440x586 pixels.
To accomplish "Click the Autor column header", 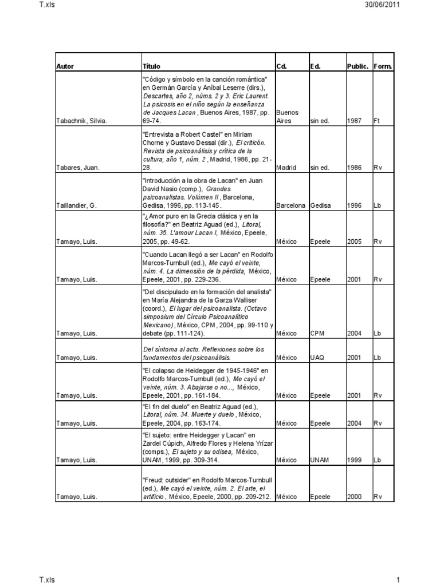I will coord(66,66).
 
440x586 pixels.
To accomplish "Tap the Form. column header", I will coord(383,66).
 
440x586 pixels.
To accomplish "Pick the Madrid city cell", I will coord(285,168).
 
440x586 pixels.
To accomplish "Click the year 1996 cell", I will coord(354,205).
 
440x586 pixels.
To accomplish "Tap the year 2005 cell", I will coord(354,242).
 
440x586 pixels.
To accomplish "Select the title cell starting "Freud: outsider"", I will coord(207,487).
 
